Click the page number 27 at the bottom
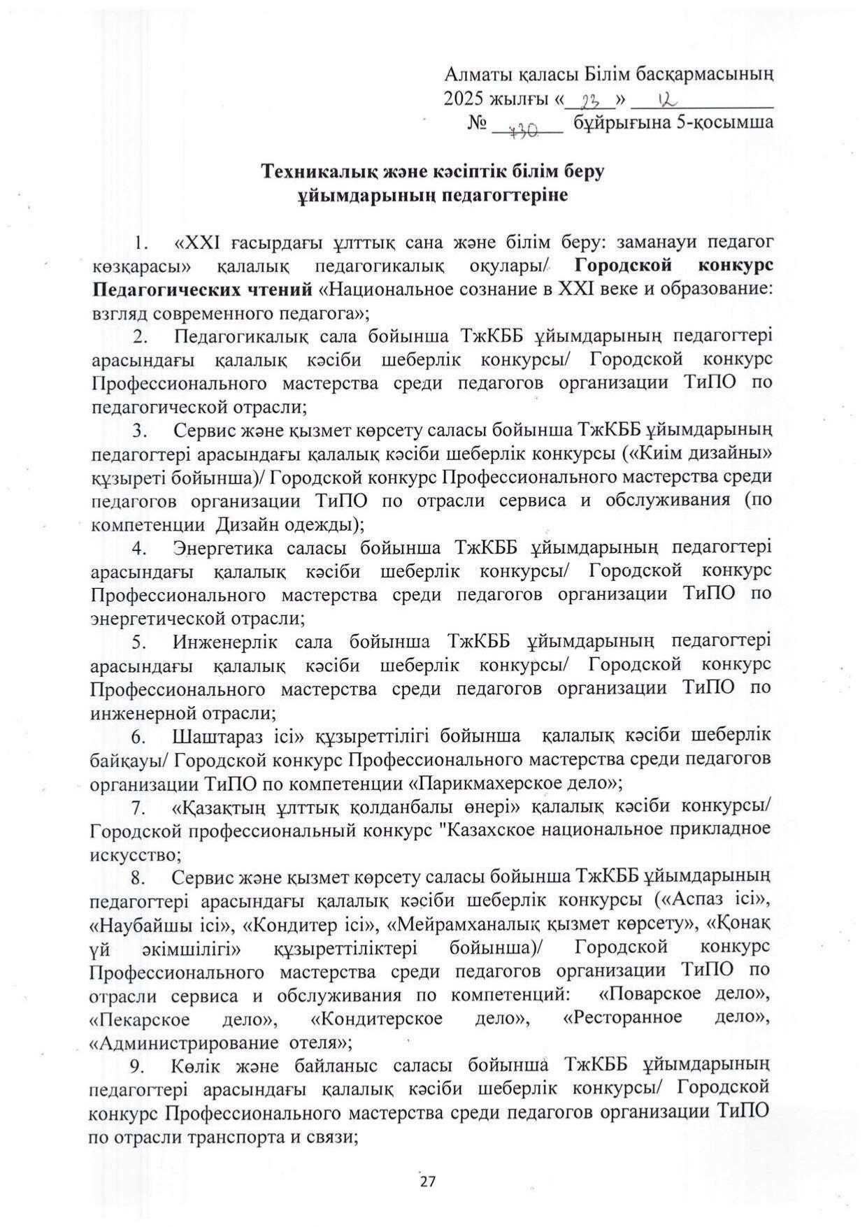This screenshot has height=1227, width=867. point(427,1181)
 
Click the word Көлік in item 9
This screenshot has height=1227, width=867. point(188,1066)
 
